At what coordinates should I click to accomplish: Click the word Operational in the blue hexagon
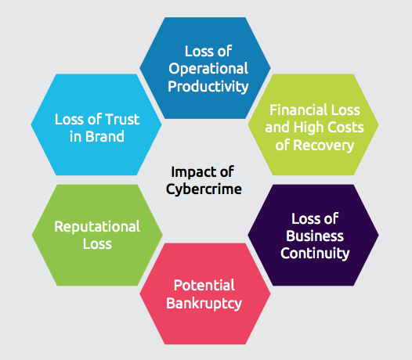(208, 69)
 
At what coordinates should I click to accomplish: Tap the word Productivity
(208, 87)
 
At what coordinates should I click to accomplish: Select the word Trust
(122, 119)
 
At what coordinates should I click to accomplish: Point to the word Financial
(298, 110)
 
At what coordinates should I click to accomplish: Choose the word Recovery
(323, 146)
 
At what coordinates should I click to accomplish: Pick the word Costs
(345, 128)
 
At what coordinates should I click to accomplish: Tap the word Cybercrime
(204, 189)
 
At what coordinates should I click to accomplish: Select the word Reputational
(97, 227)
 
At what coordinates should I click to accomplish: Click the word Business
(315, 236)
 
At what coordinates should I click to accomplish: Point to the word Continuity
(315, 254)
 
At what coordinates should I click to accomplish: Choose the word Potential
(204, 286)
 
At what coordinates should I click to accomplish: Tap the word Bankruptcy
(204, 304)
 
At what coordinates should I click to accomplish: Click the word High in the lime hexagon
(308, 128)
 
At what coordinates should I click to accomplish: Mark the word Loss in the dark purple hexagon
(303, 218)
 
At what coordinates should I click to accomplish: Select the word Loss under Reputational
(97, 244)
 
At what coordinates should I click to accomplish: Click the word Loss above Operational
(197, 51)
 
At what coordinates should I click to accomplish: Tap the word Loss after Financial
(345, 110)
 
